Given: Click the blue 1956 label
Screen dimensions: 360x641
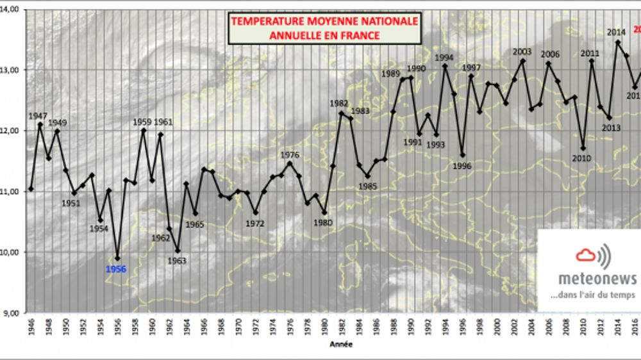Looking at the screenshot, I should (116, 270).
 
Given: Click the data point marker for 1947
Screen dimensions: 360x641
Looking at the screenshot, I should (40, 124).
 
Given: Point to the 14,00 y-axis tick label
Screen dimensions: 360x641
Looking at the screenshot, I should (12, 9).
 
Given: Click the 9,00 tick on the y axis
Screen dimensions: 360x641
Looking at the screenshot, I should (12, 313).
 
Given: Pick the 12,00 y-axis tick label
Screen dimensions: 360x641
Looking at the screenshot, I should (12, 131).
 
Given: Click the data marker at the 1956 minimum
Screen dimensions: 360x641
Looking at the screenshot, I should (117, 259).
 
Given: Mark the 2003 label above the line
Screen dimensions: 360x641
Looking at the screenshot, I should (522, 52).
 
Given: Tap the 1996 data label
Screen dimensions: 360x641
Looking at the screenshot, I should (462, 165).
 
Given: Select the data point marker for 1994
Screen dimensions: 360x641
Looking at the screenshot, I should (444, 66).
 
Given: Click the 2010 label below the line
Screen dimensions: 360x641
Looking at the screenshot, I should (582, 158).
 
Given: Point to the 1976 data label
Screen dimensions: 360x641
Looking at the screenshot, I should (290, 154).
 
